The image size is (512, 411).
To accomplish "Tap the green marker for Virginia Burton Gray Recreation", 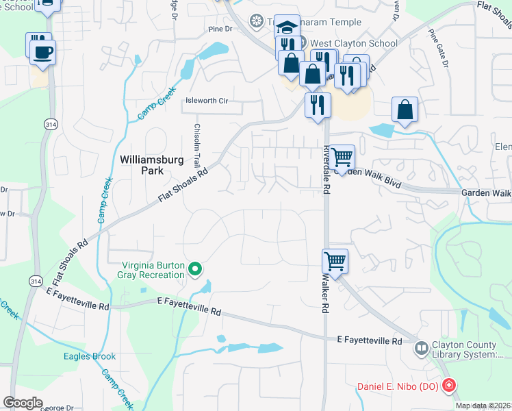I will [x=195, y=269].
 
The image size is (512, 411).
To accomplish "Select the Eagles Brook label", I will [x=90, y=356].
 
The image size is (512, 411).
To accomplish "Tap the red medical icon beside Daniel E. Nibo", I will [x=448, y=386].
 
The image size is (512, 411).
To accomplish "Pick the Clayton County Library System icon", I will [x=422, y=349].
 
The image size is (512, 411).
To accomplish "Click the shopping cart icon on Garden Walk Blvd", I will [x=342, y=157].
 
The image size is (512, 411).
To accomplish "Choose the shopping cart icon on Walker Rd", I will [x=335, y=260].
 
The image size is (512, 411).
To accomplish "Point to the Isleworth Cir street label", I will [x=207, y=101].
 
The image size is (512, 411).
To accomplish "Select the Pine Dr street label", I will [x=221, y=30].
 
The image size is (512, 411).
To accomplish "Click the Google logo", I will [x=23, y=403].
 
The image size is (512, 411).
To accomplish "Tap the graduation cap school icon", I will [x=287, y=27].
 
